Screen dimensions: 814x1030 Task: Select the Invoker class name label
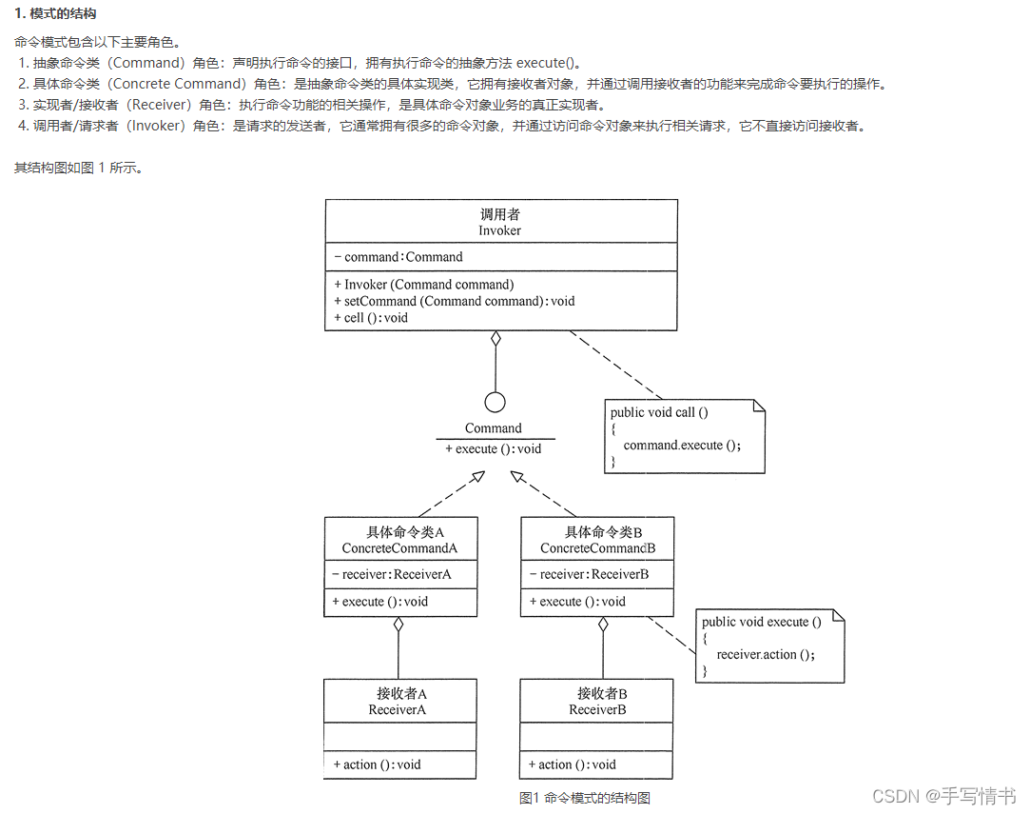click(500, 230)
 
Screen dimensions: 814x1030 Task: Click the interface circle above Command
click(495, 402)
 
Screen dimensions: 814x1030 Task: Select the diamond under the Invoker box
click(495, 339)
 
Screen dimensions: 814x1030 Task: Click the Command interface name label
click(494, 428)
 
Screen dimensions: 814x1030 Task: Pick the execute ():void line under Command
click(494, 448)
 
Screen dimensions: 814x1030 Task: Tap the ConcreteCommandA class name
click(399, 548)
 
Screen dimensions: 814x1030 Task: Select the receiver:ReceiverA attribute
click(396, 574)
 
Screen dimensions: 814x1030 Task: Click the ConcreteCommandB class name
click(597, 548)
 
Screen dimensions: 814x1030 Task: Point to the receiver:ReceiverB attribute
click(593, 574)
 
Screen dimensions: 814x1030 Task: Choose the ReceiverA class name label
click(398, 709)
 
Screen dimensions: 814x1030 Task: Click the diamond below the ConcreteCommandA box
click(398, 625)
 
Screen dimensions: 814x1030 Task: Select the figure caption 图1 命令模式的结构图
click(585, 798)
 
